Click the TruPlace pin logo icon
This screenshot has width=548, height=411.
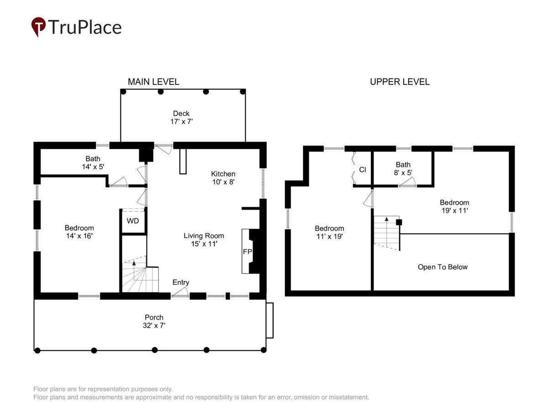pos(38,26)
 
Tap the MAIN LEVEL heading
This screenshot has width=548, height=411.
pos(153,82)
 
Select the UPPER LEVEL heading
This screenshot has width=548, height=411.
pos(400,82)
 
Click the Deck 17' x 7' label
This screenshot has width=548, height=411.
pos(181,117)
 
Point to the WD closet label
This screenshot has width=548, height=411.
pos(132,221)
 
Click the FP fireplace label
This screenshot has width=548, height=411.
pos(247,252)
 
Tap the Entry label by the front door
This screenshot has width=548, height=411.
pos(181,282)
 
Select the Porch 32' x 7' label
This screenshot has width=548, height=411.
pos(154,321)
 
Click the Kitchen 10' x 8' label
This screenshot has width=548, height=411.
pos(223,178)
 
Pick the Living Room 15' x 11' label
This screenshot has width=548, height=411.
pos(204,240)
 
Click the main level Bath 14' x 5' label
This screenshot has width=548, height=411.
pos(93,163)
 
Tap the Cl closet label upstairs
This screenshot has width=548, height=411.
pos(362,170)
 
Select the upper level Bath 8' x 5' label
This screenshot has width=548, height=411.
pos(403,169)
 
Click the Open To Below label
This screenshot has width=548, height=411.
pos(443,267)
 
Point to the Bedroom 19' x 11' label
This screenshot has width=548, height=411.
pos(454,206)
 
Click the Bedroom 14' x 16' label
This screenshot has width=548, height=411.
pos(79,232)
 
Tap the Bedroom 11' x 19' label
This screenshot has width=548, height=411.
pos(329,232)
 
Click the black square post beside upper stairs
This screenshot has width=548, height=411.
pos(399,222)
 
